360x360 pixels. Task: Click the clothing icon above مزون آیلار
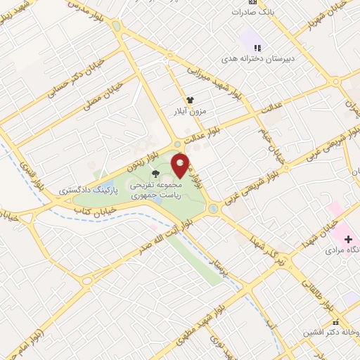point(190,101)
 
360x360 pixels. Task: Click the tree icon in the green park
point(155,172)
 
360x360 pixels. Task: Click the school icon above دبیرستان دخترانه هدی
point(257,48)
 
